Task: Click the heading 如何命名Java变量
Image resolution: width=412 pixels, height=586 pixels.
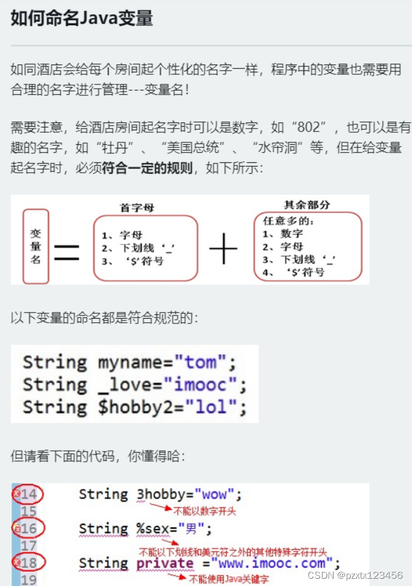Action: [x=81, y=18]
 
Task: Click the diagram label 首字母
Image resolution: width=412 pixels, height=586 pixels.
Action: [x=138, y=208]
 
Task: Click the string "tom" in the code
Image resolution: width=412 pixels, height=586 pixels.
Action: [x=201, y=363]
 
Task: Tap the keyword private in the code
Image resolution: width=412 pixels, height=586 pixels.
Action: [x=165, y=563]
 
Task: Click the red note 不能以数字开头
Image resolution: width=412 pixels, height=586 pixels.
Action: [x=205, y=511]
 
